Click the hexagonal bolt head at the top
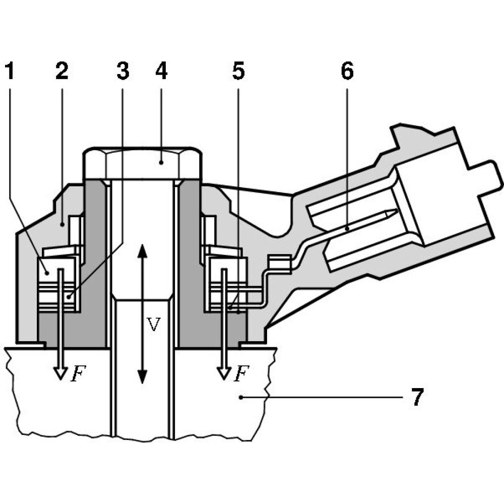(144, 164)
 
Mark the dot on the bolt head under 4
(161, 162)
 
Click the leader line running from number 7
(323, 398)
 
